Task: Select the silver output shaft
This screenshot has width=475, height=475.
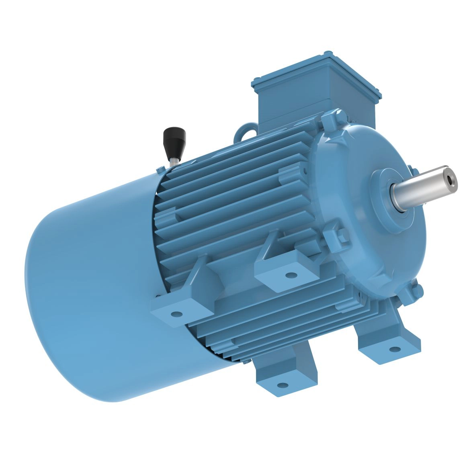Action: (422, 187)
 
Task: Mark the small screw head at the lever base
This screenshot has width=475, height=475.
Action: (161, 168)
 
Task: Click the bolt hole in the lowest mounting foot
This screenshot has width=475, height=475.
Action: (283, 385)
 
